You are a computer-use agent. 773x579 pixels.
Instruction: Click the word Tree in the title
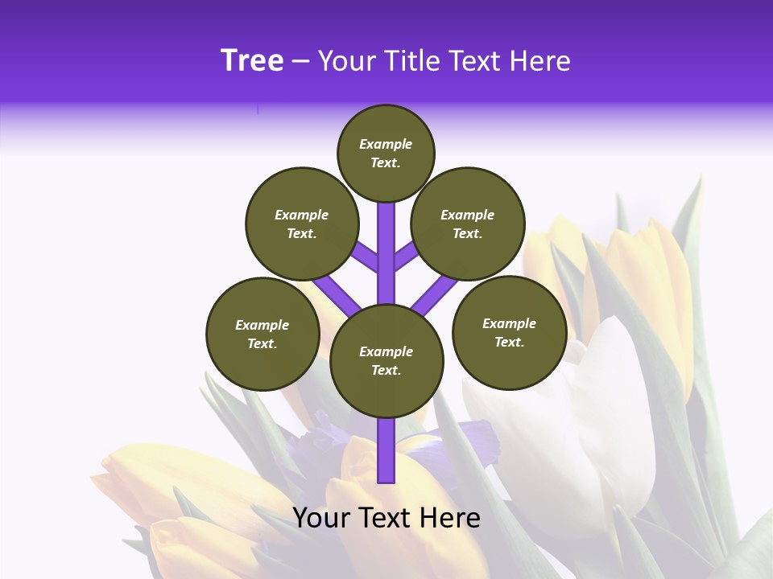[x=252, y=61]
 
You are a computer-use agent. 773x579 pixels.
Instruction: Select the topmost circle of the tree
[x=386, y=153]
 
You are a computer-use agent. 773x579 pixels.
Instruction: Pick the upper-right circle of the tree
[x=468, y=224]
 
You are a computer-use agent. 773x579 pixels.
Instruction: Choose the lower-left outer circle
[x=262, y=334]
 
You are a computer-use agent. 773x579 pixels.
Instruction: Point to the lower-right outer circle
[x=509, y=332]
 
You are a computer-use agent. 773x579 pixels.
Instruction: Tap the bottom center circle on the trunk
[x=386, y=361]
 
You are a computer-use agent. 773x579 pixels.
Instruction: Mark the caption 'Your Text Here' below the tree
[x=386, y=518]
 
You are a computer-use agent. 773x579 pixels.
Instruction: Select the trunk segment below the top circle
[x=386, y=241]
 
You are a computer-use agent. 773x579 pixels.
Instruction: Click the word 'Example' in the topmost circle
[x=386, y=144]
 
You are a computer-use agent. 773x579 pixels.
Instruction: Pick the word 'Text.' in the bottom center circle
[x=386, y=371]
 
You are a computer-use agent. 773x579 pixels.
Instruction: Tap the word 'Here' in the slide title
[x=539, y=61]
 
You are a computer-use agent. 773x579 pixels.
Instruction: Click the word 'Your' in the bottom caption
[x=321, y=518]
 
